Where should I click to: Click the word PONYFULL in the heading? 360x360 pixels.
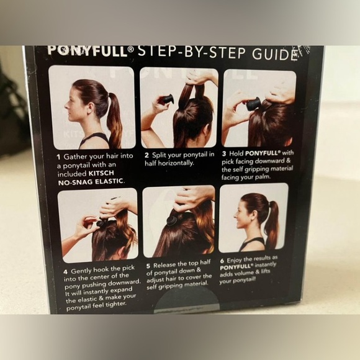(x=88, y=50)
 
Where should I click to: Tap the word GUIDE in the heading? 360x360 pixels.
(x=274, y=54)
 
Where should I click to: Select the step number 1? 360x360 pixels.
(x=59, y=157)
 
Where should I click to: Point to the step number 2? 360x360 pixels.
(x=146, y=155)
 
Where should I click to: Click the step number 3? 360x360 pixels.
(x=224, y=154)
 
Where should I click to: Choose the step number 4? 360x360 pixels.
(x=66, y=272)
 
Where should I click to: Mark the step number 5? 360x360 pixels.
(x=148, y=266)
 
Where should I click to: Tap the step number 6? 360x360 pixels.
(x=222, y=261)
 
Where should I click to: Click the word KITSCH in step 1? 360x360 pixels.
(x=101, y=173)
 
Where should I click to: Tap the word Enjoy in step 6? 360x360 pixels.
(x=235, y=260)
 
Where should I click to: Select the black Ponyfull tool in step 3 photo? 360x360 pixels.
(x=254, y=104)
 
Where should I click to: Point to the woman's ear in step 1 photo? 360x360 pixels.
(x=90, y=106)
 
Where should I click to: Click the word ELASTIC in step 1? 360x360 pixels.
(x=109, y=181)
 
